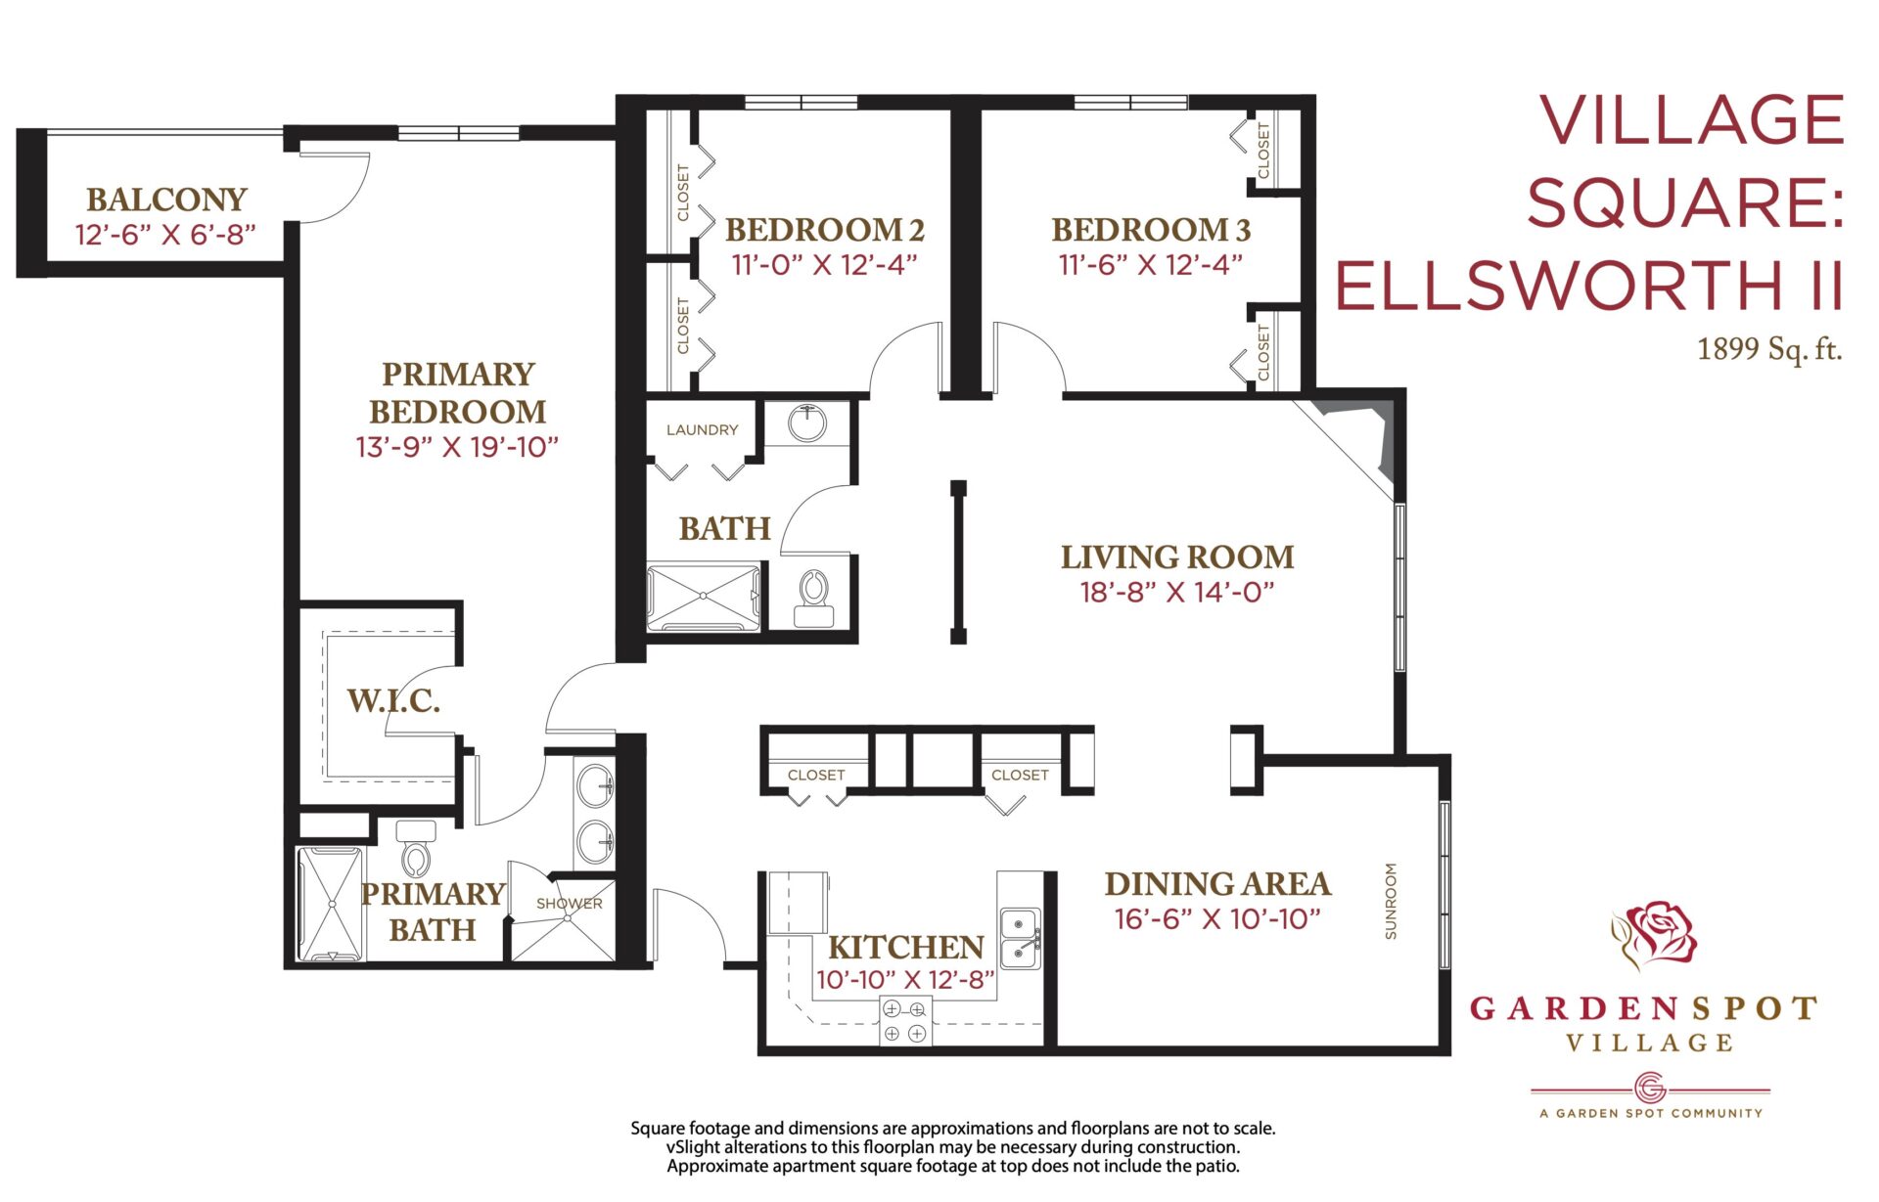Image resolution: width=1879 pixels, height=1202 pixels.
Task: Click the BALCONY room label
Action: (x=166, y=200)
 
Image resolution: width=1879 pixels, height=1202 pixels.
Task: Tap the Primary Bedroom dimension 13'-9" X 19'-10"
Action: (x=457, y=447)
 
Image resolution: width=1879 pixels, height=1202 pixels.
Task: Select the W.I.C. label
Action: (x=393, y=700)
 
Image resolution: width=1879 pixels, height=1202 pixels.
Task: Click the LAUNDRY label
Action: (x=702, y=429)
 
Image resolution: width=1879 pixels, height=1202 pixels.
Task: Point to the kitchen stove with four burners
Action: (x=905, y=1021)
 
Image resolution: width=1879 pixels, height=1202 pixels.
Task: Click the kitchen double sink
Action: (x=1020, y=937)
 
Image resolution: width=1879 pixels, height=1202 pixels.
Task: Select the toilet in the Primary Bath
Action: (x=415, y=848)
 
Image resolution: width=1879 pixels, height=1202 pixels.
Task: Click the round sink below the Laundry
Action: (x=807, y=423)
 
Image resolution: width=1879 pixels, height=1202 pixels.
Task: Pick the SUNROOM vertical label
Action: (x=1391, y=901)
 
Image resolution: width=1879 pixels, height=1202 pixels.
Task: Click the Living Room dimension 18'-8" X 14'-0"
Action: (x=1177, y=592)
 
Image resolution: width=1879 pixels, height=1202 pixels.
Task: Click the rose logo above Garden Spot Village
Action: (x=1655, y=934)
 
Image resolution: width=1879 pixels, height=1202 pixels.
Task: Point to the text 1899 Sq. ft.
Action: (x=1769, y=348)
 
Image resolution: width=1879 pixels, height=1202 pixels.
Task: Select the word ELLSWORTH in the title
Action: (x=1558, y=286)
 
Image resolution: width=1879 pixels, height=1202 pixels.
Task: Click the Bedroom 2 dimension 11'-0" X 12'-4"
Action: (x=824, y=264)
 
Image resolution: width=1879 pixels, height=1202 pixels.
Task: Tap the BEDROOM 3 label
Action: (x=1151, y=230)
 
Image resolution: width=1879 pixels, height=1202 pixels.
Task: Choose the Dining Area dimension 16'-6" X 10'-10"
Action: (x=1217, y=918)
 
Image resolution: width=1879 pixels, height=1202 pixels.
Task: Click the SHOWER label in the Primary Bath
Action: (x=570, y=904)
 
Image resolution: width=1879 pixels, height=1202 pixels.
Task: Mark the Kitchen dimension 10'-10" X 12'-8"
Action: (x=905, y=980)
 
